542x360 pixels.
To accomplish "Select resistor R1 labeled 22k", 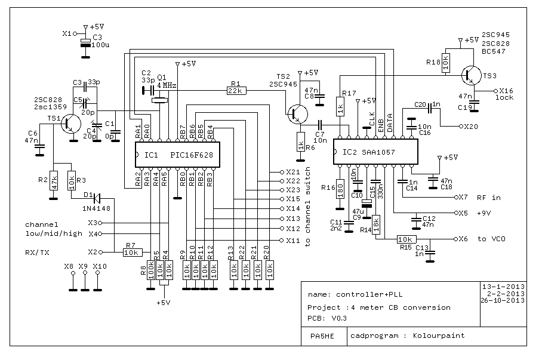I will (236, 91).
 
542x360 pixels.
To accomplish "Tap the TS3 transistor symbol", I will (474, 75).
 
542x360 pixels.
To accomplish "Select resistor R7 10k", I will (131, 252).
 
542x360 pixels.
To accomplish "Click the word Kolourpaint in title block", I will (438, 336).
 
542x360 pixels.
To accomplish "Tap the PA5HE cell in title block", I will (318, 336).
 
